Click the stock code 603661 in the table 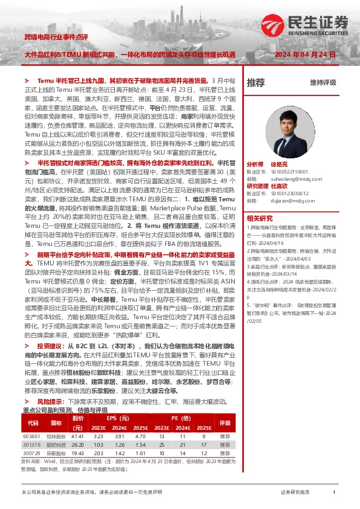31,436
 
